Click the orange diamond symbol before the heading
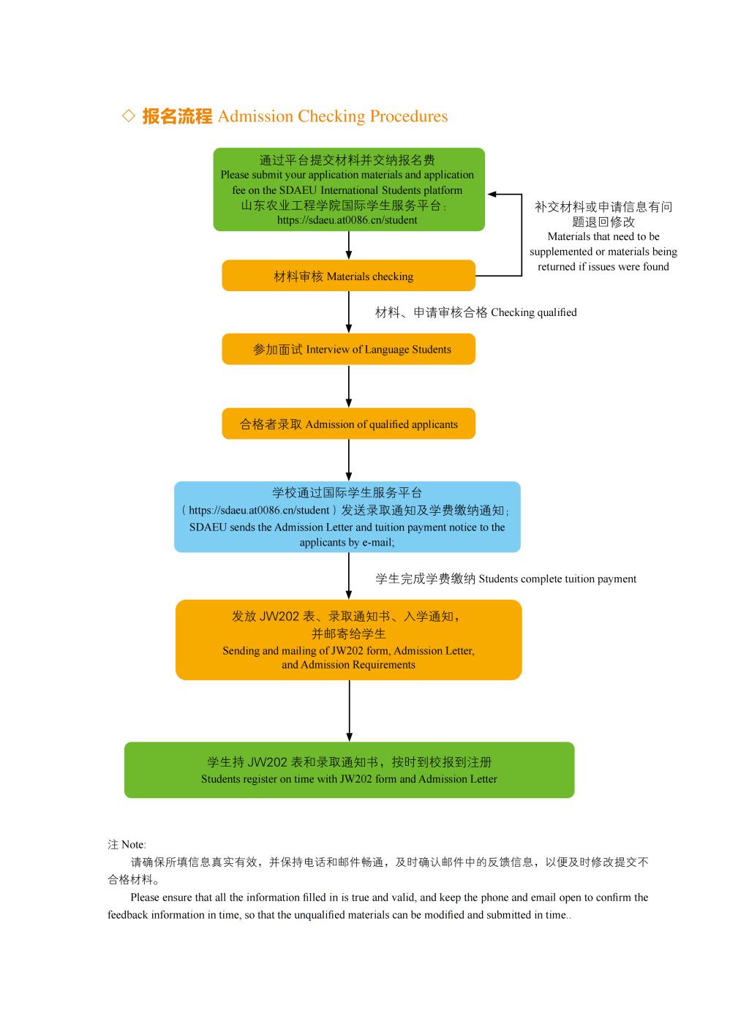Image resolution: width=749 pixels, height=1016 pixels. click(x=129, y=116)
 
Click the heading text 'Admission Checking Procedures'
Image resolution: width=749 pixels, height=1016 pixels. click(x=333, y=116)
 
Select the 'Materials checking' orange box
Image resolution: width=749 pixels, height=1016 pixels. click(x=348, y=276)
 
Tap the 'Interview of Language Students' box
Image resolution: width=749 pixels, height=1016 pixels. click(x=348, y=349)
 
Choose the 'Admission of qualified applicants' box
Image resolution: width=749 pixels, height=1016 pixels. click(x=348, y=424)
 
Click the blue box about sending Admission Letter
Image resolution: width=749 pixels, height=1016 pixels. click(x=347, y=517)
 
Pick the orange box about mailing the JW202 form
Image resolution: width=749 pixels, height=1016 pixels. click(x=348, y=640)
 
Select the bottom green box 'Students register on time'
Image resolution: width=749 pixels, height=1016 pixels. click(x=349, y=770)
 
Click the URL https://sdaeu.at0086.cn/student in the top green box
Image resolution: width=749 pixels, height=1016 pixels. click(x=347, y=220)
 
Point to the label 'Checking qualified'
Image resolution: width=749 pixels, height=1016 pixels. click(x=533, y=312)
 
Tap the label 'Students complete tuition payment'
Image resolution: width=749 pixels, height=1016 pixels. click(x=557, y=579)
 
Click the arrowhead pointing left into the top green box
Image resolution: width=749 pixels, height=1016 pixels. click(x=493, y=194)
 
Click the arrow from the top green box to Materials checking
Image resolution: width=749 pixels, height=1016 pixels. click(x=349, y=245)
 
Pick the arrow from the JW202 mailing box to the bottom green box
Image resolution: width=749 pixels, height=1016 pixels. click(x=349, y=711)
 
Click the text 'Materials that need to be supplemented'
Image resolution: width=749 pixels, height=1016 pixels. click(x=603, y=244)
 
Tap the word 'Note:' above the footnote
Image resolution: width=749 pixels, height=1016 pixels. click(x=133, y=844)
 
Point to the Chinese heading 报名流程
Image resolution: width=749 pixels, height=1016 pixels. click(x=177, y=116)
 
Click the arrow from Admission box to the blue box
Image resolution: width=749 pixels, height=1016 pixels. click(x=349, y=460)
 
